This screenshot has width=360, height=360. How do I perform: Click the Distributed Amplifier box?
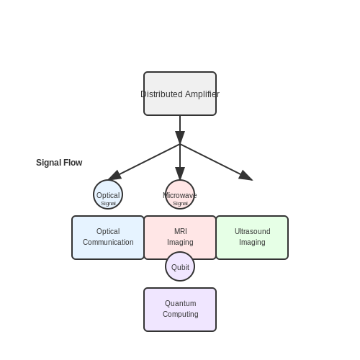(180, 94)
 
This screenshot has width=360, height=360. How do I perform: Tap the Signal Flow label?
(59, 163)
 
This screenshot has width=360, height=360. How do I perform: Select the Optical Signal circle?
(108, 194)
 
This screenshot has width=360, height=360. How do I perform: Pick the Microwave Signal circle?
(180, 194)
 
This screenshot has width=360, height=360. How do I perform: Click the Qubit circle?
(180, 266)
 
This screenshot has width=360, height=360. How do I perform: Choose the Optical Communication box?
(108, 238)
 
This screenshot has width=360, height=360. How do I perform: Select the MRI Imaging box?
(180, 238)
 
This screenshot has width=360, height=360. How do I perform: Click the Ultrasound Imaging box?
(252, 238)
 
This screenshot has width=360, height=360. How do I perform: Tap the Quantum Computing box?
(180, 310)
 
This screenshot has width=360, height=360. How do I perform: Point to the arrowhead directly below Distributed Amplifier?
(180, 138)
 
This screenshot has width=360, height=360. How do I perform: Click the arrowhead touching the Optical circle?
(114, 176)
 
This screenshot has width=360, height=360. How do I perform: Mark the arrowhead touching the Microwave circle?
(180, 174)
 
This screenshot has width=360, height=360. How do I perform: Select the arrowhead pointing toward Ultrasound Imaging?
(246, 176)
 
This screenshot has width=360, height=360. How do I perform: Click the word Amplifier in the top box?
(202, 94)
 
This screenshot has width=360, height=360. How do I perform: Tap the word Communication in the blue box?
(108, 242)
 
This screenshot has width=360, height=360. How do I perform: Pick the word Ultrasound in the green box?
(252, 231)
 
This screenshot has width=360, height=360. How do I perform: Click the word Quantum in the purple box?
(180, 303)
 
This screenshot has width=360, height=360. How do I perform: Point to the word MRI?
(181, 231)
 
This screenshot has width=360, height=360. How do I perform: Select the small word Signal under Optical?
(108, 204)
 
